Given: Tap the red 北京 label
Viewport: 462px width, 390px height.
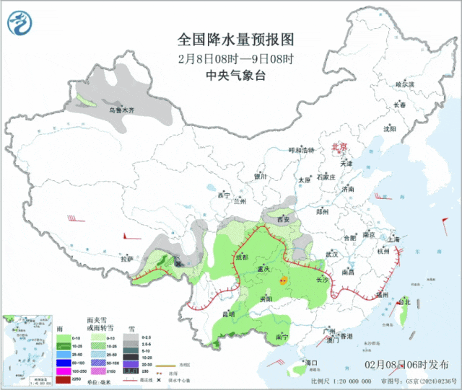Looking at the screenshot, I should click(339, 146).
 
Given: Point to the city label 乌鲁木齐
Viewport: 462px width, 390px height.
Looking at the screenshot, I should click(121, 110).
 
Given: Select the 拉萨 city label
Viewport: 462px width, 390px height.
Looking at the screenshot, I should click(127, 257).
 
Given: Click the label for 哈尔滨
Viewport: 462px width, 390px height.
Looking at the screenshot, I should click(407, 84).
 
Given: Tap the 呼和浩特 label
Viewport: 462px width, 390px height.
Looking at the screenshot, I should click(302, 150).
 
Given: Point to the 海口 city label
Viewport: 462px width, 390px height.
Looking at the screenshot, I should click(312, 363).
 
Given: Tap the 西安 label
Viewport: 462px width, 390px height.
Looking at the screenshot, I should click(283, 219).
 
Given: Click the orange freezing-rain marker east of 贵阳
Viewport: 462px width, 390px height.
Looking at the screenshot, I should click(284, 278).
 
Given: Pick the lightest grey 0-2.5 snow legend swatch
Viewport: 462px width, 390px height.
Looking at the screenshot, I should click(131, 337).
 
